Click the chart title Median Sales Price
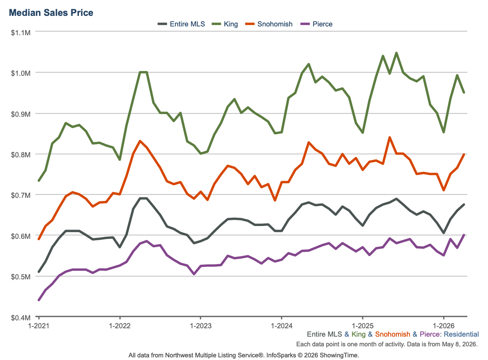click(x=51, y=13)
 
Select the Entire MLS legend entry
click(x=182, y=24)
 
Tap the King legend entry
click(x=225, y=24)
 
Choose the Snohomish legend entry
click(x=269, y=24)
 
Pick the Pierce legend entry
click(x=317, y=24)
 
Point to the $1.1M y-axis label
click(x=21, y=33)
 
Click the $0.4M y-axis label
click(x=21, y=318)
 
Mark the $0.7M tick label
click(x=21, y=195)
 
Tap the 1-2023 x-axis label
click(x=201, y=326)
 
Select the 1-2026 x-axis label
click(x=444, y=326)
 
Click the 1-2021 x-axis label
click(x=39, y=326)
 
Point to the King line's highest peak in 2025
click(x=396, y=53)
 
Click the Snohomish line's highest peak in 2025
click(x=390, y=137)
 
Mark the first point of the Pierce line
click(x=39, y=300)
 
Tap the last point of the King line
click(x=464, y=93)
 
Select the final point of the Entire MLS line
click(x=464, y=204)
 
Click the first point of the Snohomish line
click(x=39, y=239)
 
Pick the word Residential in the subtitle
click(x=461, y=334)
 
